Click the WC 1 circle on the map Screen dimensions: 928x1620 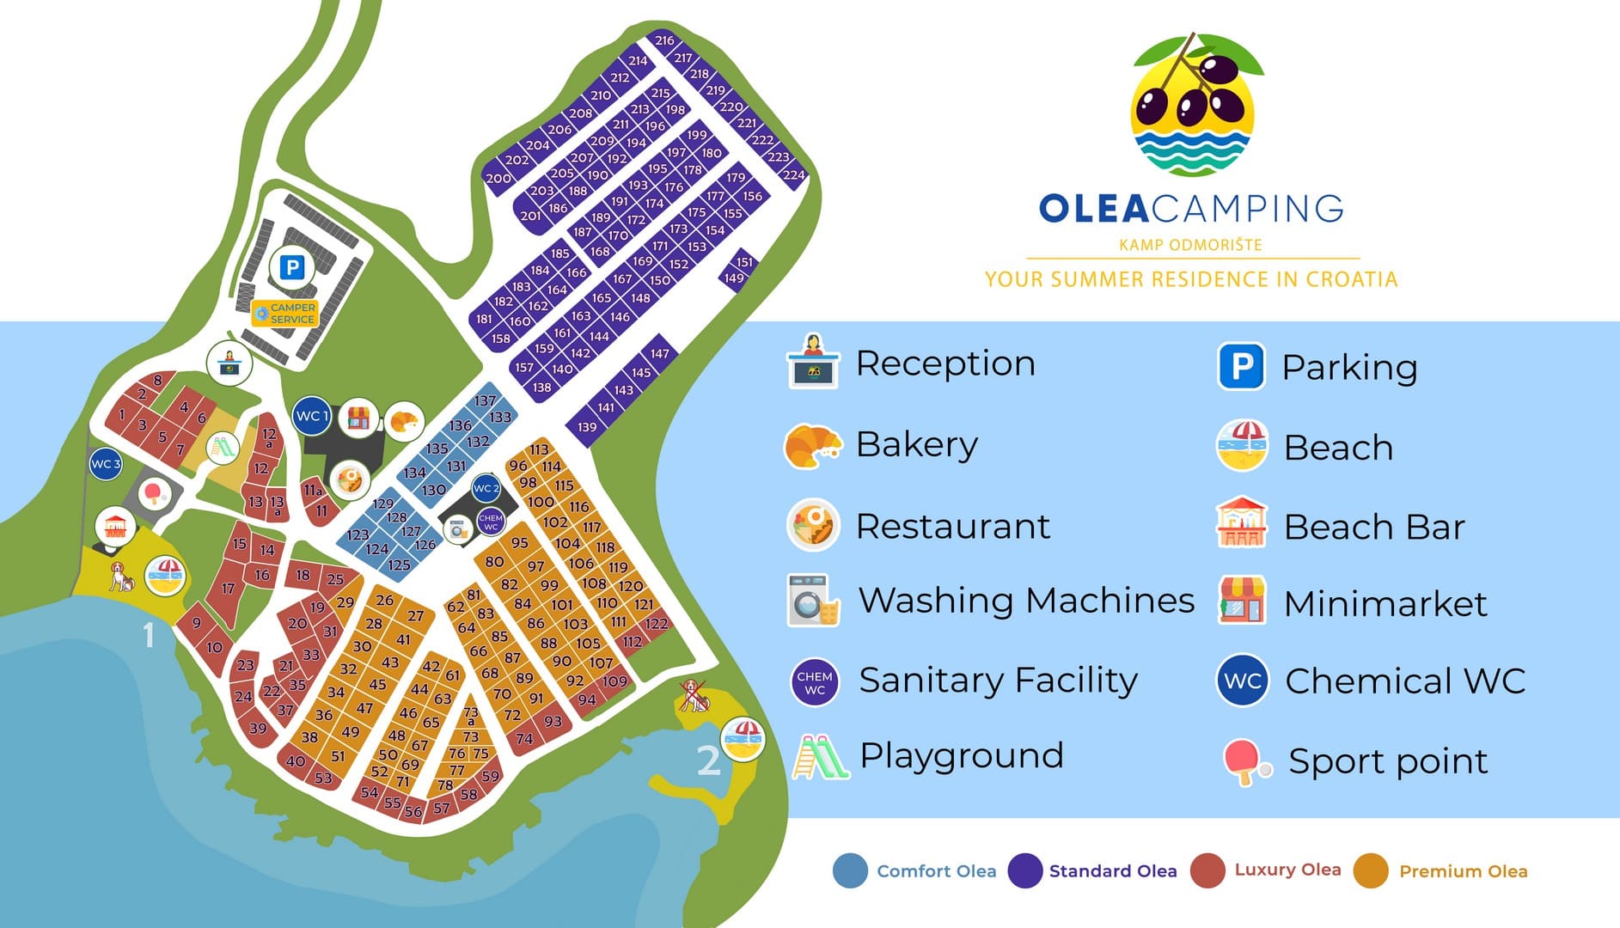point(313,416)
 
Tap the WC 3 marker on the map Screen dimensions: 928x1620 point(106,464)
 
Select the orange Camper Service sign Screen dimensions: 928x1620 point(285,313)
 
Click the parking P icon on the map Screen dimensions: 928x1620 point(292,267)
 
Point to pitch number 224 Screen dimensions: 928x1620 point(793,175)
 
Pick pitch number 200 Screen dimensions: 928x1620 point(498,179)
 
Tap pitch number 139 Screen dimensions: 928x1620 point(587,427)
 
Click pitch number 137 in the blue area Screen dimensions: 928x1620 point(485,400)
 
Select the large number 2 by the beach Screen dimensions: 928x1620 point(707,760)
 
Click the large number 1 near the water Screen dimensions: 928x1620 point(149,635)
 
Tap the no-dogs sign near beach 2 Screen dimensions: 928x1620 point(694,696)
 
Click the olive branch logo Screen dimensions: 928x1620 point(1192,105)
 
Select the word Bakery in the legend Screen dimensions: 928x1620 point(916,444)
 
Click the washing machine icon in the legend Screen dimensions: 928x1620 point(812,600)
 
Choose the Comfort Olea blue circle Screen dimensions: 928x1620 point(850,870)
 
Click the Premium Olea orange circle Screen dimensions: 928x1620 point(1370,870)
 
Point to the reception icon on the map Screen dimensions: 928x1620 point(229,362)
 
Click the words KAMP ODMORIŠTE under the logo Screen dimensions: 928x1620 point(1190,245)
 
